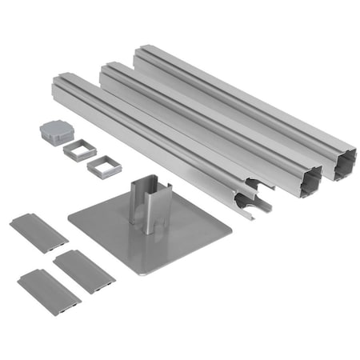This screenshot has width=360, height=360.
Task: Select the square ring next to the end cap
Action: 80,149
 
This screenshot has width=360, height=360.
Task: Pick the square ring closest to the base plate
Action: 102,166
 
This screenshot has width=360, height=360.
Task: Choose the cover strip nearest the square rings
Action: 38,232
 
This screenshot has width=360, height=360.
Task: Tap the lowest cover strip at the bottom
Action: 49,292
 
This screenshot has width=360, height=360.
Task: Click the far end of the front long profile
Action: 65,81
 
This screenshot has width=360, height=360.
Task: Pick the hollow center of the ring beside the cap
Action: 80,150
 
